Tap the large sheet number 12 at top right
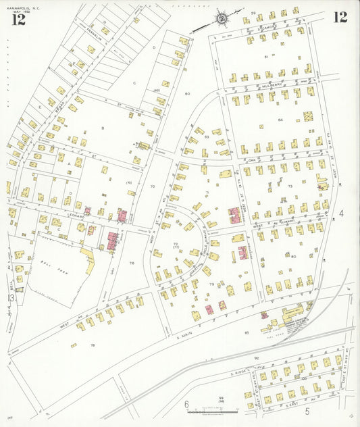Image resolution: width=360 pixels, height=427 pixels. coord(340,17)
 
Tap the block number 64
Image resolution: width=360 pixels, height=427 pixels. coord(279,120)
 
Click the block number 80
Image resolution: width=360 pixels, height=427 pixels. coord(294,256)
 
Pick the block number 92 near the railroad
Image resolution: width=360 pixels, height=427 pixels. coord(256,358)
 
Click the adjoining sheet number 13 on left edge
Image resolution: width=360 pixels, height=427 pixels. coord(10,297)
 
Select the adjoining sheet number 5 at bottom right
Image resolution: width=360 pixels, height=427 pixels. coord(307,410)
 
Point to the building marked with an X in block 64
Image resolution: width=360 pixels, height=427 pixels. coord(308,116)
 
